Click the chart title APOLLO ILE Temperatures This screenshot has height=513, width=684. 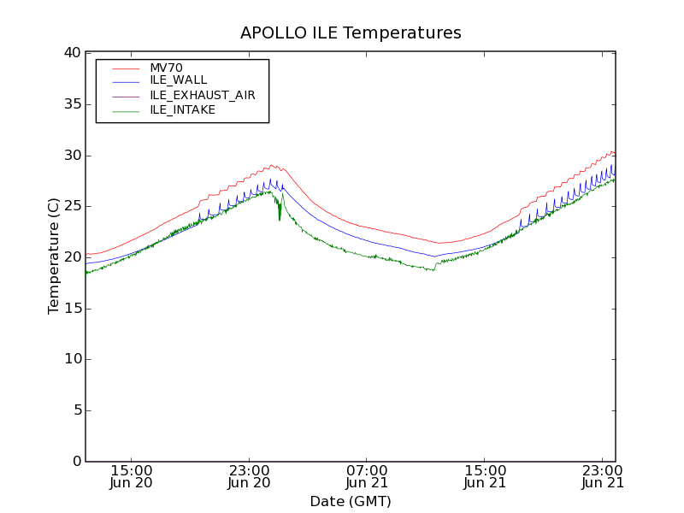tap(351, 33)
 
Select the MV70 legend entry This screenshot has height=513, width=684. tap(166, 68)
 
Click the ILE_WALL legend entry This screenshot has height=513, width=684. tap(178, 80)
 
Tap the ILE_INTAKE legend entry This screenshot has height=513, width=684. tap(182, 109)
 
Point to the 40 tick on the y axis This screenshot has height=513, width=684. tap(72, 53)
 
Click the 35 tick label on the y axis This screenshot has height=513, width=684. tap(72, 104)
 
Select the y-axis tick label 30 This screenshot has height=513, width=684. tap(72, 156)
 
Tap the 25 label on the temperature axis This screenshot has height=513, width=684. tap(72, 206)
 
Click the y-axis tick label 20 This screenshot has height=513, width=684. tap(72, 257)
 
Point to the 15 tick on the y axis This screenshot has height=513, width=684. tap(72, 309)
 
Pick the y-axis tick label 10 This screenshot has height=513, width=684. tap(72, 359)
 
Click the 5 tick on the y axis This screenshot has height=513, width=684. tap(76, 410)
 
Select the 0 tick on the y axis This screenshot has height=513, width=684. tap(76, 462)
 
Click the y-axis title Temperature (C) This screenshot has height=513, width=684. tap(54, 256)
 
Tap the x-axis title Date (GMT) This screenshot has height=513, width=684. tap(351, 501)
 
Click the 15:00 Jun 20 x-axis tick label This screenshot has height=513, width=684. tap(132, 476)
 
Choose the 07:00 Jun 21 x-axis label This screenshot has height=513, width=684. tap(367, 476)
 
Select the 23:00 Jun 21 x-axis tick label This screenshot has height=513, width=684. tap(603, 476)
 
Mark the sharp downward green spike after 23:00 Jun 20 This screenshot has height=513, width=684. tap(279, 219)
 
